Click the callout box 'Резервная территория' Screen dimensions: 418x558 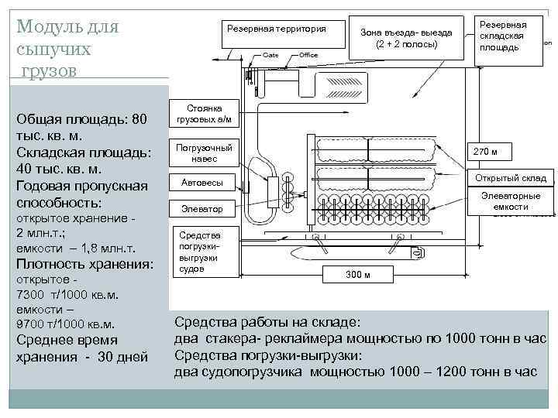[276, 31]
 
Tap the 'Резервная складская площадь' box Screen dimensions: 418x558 [501, 36]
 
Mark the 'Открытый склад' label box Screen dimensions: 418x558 [511, 178]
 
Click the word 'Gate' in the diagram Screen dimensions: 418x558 [270, 55]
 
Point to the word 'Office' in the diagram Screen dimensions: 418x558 [308, 55]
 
